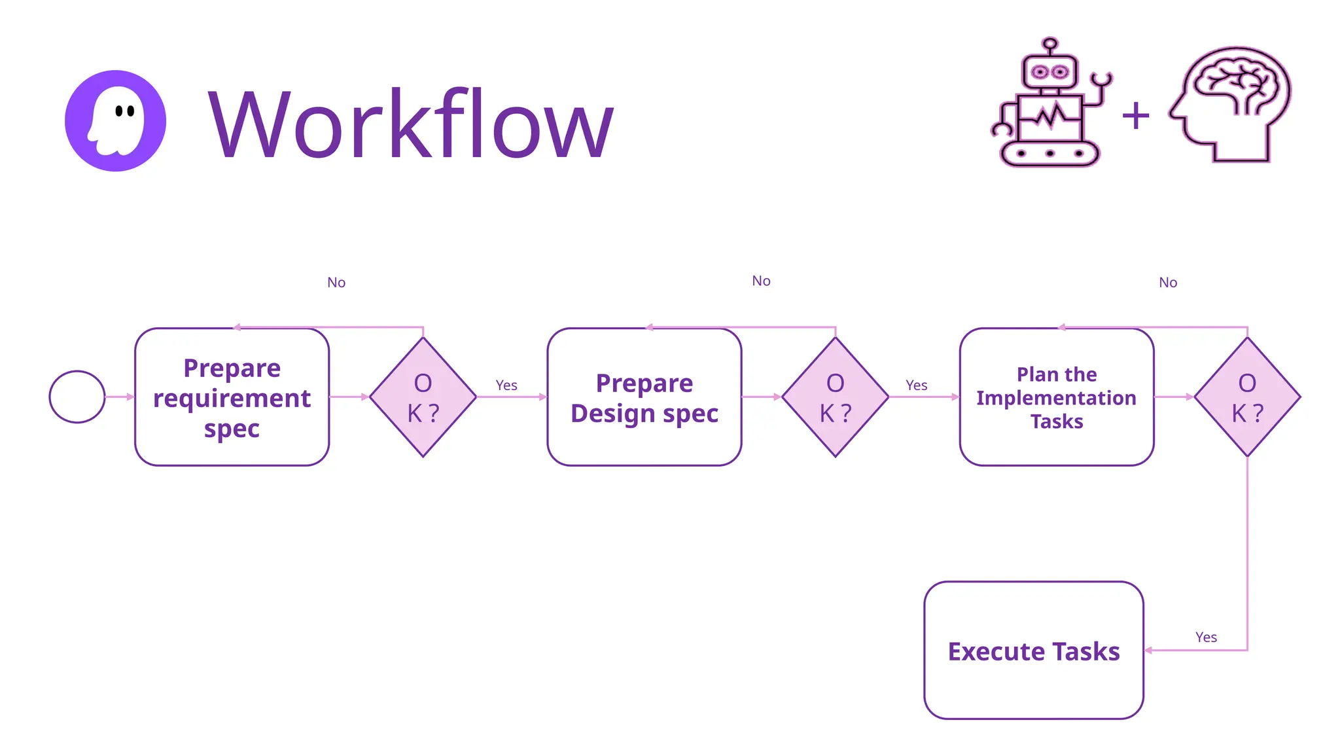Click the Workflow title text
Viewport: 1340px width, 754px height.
(x=411, y=124)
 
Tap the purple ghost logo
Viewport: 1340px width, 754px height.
(x=115, y=121)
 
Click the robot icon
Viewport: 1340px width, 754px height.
(x=1049, y=105)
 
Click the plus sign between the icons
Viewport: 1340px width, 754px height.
(x=1135, y=117)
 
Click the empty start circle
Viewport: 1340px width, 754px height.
(x=77, y=397)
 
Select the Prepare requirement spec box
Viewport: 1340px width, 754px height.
(x=232, y=397)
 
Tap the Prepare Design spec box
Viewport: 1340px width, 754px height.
(x=644, y=397)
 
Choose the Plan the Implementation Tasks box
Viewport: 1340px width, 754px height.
(x=1056, y=397)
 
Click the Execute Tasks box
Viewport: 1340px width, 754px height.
(x=1033, y=650)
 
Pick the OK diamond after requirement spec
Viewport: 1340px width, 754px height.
(x=423, y=397)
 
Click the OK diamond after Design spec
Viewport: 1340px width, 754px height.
(x=835, y=397)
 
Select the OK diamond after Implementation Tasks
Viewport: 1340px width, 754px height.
(x=1247, y=397)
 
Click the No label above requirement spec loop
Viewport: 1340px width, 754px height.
(x=336, y=282)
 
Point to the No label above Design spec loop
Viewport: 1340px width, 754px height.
(x=761, y=281)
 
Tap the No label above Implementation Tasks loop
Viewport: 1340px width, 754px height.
(x=1168, y=282)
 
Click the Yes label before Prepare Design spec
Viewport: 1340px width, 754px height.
(x=506, y=385)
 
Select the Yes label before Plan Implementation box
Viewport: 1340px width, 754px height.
(x=916, y=385)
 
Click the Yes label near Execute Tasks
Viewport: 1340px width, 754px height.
(x=1206, y=637)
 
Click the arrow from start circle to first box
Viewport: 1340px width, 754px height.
(x=120, y=397)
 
